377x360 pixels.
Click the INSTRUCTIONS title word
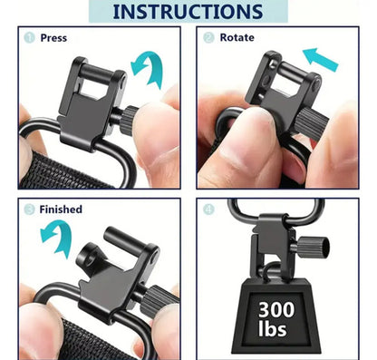(x=188, y=12)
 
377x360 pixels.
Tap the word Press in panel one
(x=53, y=38)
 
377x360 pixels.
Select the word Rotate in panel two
(x=237, y=37)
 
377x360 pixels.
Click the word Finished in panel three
(x=61, y=209)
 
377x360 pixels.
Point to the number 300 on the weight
(x=276, y=309)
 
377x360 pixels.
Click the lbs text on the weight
(x=272, y=328)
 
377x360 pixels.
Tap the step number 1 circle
(x=29, y=38)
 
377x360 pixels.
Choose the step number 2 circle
(x=208, y=37)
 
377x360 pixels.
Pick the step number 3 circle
(x=29, y=209)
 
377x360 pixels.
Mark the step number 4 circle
(x=208, y=209)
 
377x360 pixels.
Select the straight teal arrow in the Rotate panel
(x=320, y=60)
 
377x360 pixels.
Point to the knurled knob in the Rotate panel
(x=311, y=124)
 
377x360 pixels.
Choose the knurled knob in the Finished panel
(x=158, y=302)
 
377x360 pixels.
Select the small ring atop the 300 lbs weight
(x=271, y=271)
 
